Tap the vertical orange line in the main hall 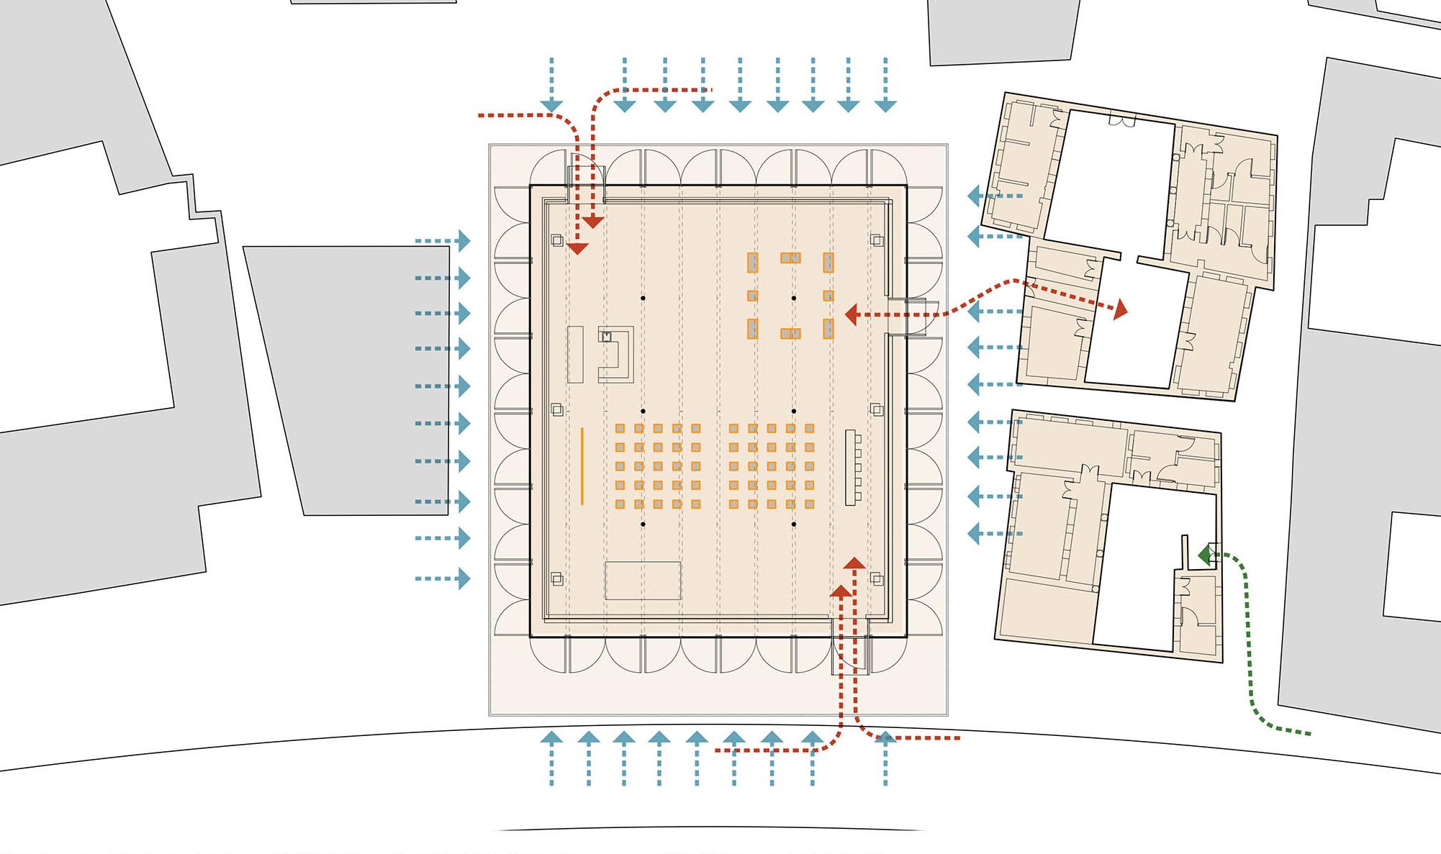[582, 466]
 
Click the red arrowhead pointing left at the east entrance [851, 314]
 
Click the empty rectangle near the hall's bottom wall [643, 581]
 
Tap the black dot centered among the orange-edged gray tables [793, 298]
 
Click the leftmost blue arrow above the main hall [551, 85]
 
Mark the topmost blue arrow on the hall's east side [995, 196]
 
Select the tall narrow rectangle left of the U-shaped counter [575, 354]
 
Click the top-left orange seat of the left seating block [620, 428]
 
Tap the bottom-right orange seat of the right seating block [809, 504]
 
